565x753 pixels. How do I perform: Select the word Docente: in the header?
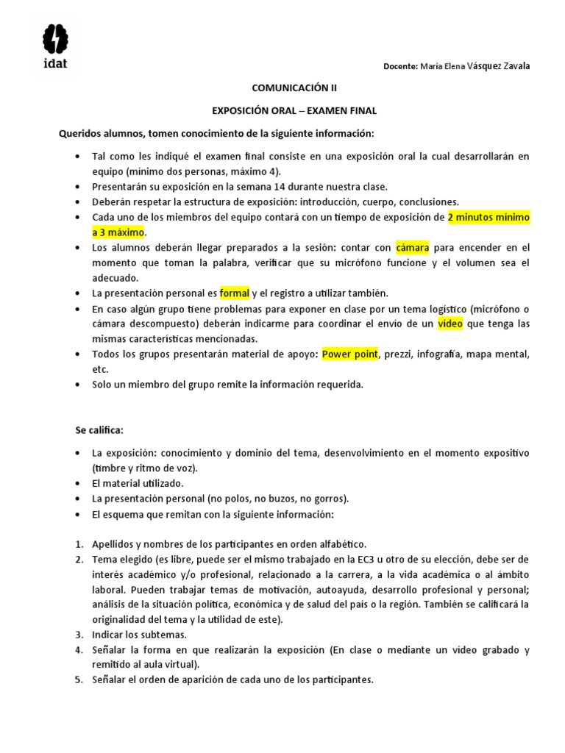(400, 66)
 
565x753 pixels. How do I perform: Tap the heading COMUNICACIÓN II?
(294, 88)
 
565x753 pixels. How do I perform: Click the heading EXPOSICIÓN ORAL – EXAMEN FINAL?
(294, 110)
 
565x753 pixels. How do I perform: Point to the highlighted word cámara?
(412, 248)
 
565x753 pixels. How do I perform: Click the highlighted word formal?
(235, 293)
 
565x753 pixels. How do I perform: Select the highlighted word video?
(449, 324)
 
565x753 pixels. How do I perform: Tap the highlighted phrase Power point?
(350, 354)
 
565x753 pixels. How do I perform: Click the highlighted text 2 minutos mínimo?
(488, 218)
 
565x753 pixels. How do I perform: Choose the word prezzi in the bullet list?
(397, 354)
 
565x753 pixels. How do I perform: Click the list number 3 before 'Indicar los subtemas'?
(78, 634)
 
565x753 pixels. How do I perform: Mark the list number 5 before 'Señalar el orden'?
(78, 679)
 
